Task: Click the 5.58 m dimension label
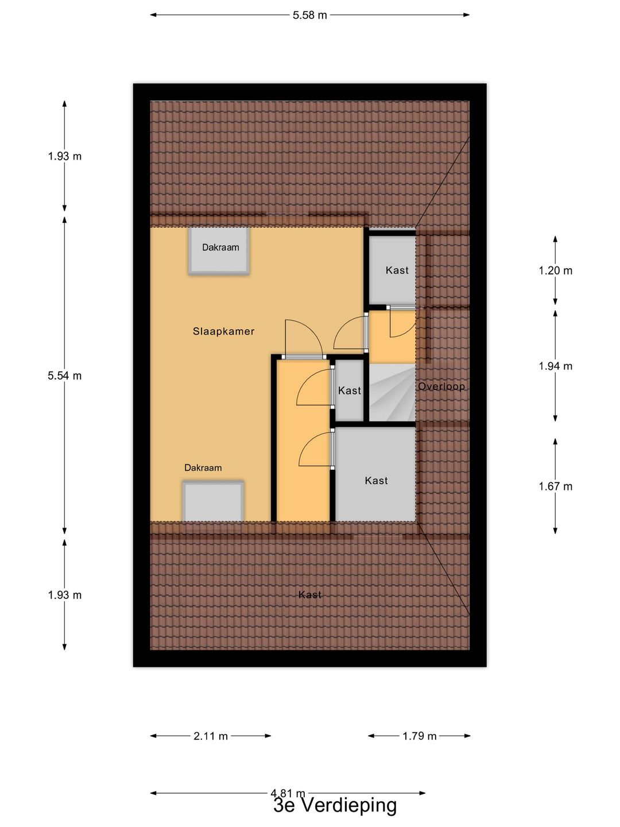tap(309, 16)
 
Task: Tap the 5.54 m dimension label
tap(65, 376)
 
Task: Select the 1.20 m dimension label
tap(555, 270)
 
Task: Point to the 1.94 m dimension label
tap(555, 366)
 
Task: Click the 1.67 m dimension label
tap(555, 486)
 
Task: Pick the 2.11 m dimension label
tap(211, 736)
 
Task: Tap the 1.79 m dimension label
tap(419, 736)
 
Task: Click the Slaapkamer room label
tap(223, 331)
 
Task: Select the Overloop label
tap(441, 387)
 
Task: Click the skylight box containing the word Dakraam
tap(220, 251)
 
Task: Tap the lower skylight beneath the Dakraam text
tap(213, 501)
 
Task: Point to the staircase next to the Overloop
tap(392, 393)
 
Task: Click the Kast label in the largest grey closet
tap(376, 481)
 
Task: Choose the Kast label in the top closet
tap(397, 270)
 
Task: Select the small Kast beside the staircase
tap(349, 391)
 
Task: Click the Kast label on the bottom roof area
tap(309, 595)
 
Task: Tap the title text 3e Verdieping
tap(335, 805)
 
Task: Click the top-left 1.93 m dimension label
tap(65, 156)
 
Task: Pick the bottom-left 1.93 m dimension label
tap(65, 596)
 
